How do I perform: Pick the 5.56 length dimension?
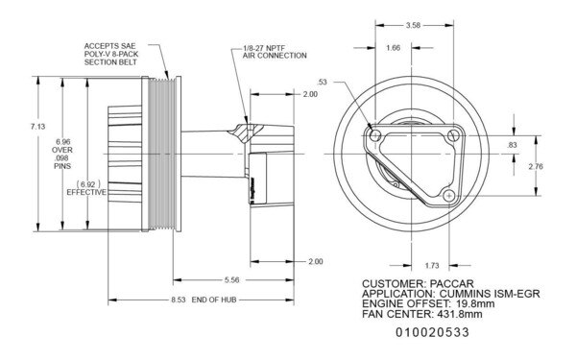click(x=232, y=280)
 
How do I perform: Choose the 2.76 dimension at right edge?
click(x=537, y=166)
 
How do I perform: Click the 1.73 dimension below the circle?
click(x=431, y=263)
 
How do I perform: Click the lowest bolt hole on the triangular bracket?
click(x=447, y=196)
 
